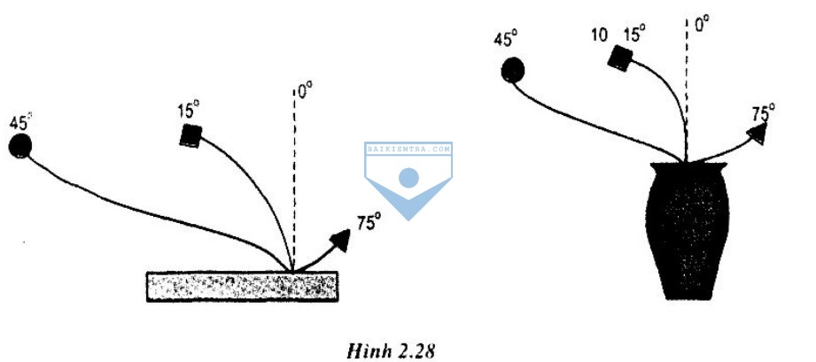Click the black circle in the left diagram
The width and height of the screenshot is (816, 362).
[x=20, y=146]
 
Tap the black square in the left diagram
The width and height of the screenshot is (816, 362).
[x=191, y=135]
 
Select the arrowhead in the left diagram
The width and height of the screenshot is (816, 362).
[x=340, y=240]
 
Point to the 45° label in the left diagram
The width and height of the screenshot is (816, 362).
[x=20, y=123]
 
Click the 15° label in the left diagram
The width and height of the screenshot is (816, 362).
[x=189, y=111]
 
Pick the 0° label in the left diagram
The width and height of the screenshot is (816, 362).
[x=306, y=91]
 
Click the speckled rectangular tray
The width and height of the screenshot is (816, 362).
[x=242, y=286]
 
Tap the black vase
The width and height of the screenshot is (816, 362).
[x=687, y=231]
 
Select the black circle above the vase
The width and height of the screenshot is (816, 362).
[x=513, y=70]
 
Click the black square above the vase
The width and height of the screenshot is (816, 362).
[x=620, y=58]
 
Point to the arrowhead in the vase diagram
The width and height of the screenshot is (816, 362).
[x=758, y=135]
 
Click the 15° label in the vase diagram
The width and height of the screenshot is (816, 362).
[x=634, y=35]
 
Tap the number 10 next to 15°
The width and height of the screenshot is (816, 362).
[x=600, y=35]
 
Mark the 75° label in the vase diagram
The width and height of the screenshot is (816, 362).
[x=763, y=113]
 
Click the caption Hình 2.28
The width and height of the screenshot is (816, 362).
[x=391, y=351]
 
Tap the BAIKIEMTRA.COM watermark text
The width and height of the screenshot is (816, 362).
[x=408, y=149]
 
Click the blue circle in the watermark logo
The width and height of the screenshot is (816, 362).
[x=408, y=178]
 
